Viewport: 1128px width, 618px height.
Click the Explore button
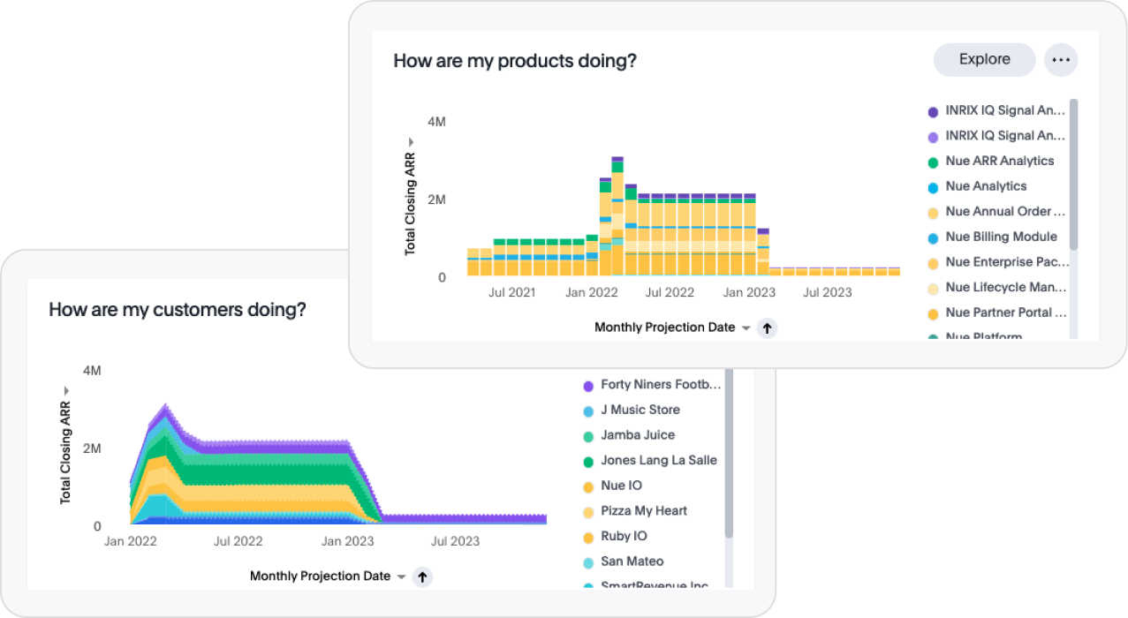click(984, 60)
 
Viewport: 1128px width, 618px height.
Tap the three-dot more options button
click(1061, 60)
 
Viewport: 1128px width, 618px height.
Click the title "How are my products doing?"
click(514, 61)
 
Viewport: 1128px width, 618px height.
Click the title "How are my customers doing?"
click(177, 310)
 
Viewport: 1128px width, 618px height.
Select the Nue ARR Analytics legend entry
click(999, 162)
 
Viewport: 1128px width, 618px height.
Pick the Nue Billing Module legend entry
click(1001, 237)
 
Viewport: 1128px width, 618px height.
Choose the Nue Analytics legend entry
click(986, 186)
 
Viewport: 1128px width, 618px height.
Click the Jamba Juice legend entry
click(637, 435)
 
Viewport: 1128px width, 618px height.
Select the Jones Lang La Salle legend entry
click(658, 461)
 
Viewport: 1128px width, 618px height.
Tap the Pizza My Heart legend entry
click(643, 511)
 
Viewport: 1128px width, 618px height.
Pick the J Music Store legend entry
click(640, 411)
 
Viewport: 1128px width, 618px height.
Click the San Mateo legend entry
click(632, 561)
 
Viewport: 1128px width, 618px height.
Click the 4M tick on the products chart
click(436, 122)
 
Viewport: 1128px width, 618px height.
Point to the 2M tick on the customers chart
click(92, 448)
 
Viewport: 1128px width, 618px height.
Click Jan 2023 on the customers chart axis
click(347, 541)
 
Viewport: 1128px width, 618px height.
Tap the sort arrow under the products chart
click(767, 328)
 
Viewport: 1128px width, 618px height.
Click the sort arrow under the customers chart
click(422, 577)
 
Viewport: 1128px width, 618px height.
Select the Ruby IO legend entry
click(624, 537)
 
